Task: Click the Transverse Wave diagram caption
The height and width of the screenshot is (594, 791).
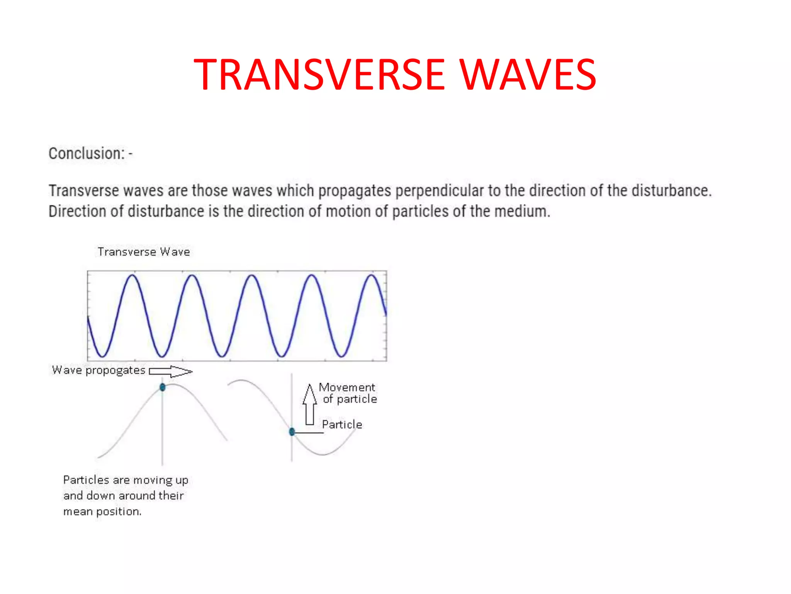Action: [144, 252]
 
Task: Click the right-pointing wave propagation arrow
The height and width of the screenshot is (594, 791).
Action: [171, 372]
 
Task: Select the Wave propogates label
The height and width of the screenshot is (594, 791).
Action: [98, 370]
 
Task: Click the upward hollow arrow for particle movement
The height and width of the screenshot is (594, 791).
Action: [309, 404]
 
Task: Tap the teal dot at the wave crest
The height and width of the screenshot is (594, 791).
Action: [163, 387]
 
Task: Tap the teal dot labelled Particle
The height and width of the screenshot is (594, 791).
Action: [292, 432]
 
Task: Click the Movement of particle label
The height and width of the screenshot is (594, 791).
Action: [348, 393]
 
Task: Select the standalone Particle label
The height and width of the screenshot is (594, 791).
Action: [342, 424]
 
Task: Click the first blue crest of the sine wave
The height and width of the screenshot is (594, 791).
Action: [132, 276]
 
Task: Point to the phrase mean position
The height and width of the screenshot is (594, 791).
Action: [102, 511]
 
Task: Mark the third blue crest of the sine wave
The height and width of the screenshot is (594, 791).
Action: [252, 276]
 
